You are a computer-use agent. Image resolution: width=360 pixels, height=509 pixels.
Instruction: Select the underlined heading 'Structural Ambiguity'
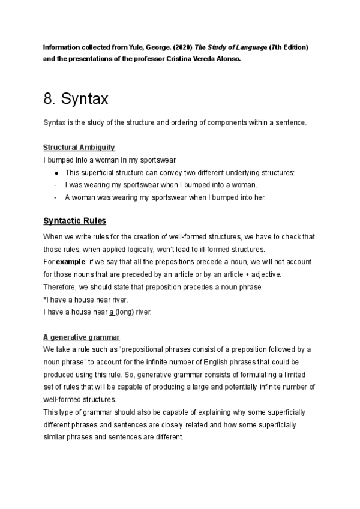[x=79, y=148]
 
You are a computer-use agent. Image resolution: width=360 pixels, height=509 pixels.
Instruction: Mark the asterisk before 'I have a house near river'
[x=45, y=300]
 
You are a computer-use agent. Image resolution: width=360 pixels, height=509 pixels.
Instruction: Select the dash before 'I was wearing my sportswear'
[x=56, y=185]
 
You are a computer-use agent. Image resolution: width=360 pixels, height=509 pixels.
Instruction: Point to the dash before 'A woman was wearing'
[x=56, y=197]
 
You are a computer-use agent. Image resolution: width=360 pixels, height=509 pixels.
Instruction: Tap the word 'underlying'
[x=241, y=173]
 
